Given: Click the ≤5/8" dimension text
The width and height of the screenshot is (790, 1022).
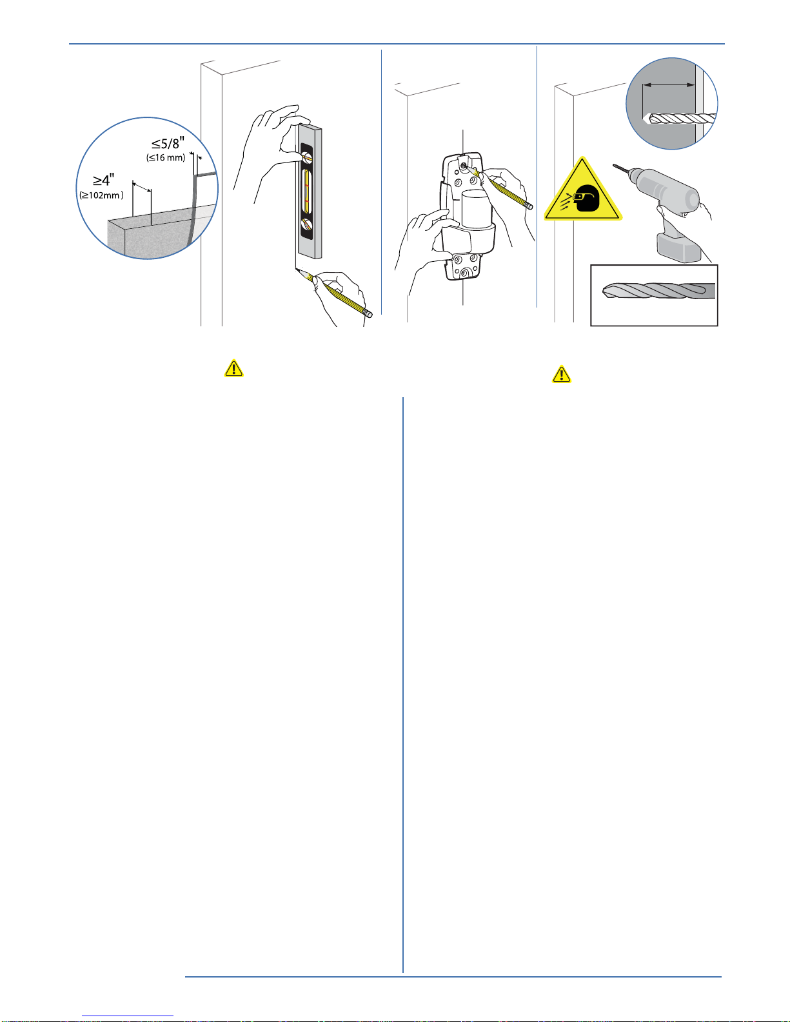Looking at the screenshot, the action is tap(168, 143).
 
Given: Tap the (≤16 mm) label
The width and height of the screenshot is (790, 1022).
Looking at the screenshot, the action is tap(166, 157).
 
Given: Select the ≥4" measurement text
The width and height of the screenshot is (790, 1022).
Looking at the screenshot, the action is tap(103, 180).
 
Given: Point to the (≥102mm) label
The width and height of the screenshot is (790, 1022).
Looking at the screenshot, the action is tap(101, 195).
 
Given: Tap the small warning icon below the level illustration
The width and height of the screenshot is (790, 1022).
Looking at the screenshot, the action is tap(233, 368).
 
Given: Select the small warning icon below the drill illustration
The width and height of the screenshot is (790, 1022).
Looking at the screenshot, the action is tap(562, 375).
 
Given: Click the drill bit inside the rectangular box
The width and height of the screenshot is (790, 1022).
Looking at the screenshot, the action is tap(658, 291).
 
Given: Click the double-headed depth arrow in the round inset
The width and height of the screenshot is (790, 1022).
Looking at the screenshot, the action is tap(669, 85).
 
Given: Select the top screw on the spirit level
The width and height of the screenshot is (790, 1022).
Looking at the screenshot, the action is tap(308, 157).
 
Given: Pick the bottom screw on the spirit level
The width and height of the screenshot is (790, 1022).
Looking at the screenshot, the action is tap(308, 224).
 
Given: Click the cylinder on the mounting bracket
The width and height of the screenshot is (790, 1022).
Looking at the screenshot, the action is tap(477, 210).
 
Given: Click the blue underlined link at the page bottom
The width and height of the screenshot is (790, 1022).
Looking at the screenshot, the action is tap(128, 1016).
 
